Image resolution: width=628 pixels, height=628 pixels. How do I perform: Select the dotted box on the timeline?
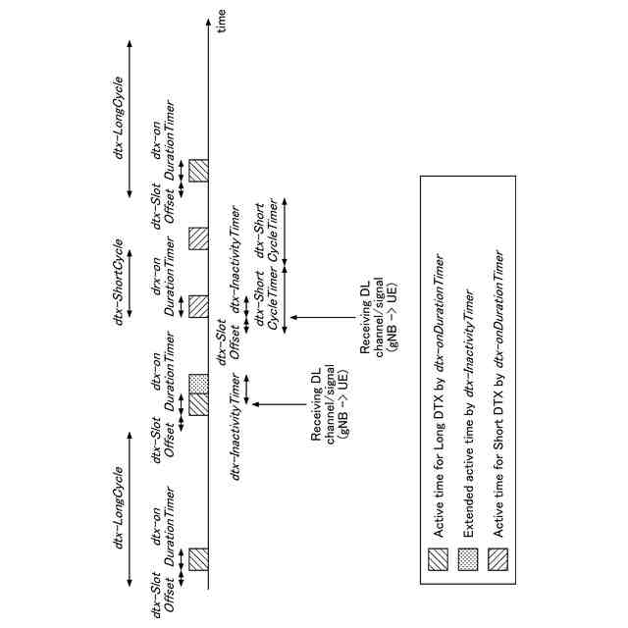(197, 383)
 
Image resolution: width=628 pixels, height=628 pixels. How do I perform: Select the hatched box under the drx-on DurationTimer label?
(197, 305)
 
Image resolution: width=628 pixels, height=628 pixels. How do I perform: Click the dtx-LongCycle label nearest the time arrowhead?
(119, 117)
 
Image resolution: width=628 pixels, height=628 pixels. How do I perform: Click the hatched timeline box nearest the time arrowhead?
(197, 169)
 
